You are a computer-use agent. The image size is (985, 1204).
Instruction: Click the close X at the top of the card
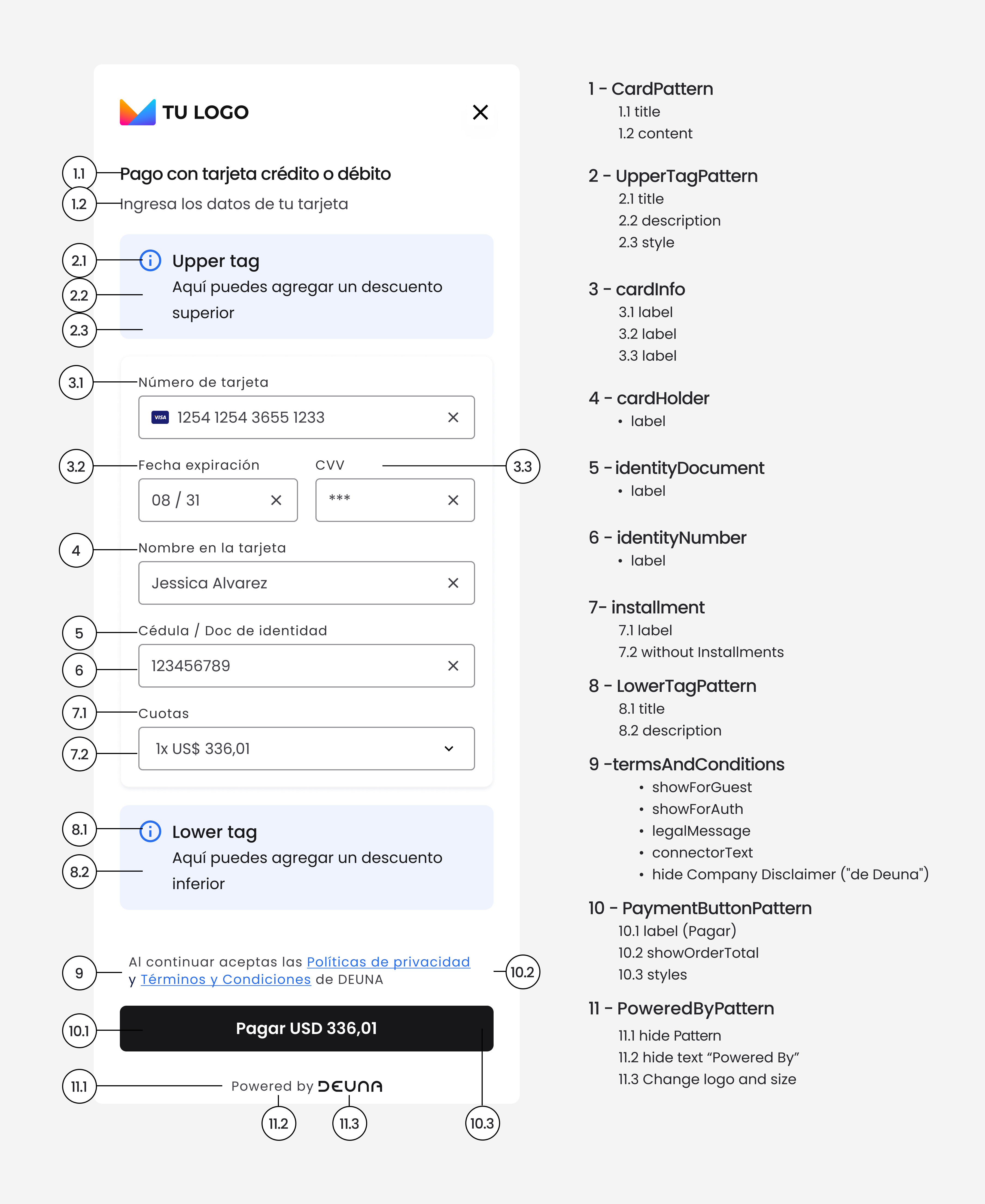[x=480, y=112]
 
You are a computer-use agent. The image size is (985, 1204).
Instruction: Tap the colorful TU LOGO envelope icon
[x=137, y=112]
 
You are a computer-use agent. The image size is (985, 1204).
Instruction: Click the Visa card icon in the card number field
[x=160, y=418]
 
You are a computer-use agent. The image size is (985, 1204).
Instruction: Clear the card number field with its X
[x=453, y=418]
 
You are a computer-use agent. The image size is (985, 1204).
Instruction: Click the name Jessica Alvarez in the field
[x=209, y=583]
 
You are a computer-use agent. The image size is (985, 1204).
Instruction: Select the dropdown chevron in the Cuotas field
[x=449, y=749]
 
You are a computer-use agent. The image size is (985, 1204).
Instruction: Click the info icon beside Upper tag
[x=150, y=261]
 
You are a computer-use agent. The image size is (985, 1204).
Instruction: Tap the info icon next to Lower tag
[x=150, y=832]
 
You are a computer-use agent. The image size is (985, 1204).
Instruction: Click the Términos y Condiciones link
[x=226, y=980]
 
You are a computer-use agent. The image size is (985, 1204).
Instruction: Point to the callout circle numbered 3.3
[x=522, y=466]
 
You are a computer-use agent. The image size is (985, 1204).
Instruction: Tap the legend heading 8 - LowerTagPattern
[x=672, y=686]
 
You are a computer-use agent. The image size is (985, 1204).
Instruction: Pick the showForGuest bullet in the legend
[x=701, y=788]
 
